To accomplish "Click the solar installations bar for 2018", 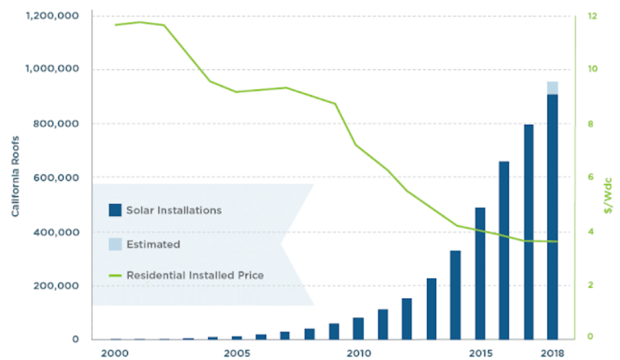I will (x=552, y=217).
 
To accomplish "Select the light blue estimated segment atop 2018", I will (x=552, y=88).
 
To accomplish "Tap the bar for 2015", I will (x=480, y=273).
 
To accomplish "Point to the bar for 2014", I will (x=455, y=294).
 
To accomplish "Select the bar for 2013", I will (x=431, y=308).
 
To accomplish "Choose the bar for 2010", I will (x=358, y=328).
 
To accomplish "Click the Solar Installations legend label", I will (x=174, y=210).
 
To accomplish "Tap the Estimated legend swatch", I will (x=115, y=244).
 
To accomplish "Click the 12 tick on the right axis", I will (x=591, y=15).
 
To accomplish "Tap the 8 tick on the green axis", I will (x=591, y=124).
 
